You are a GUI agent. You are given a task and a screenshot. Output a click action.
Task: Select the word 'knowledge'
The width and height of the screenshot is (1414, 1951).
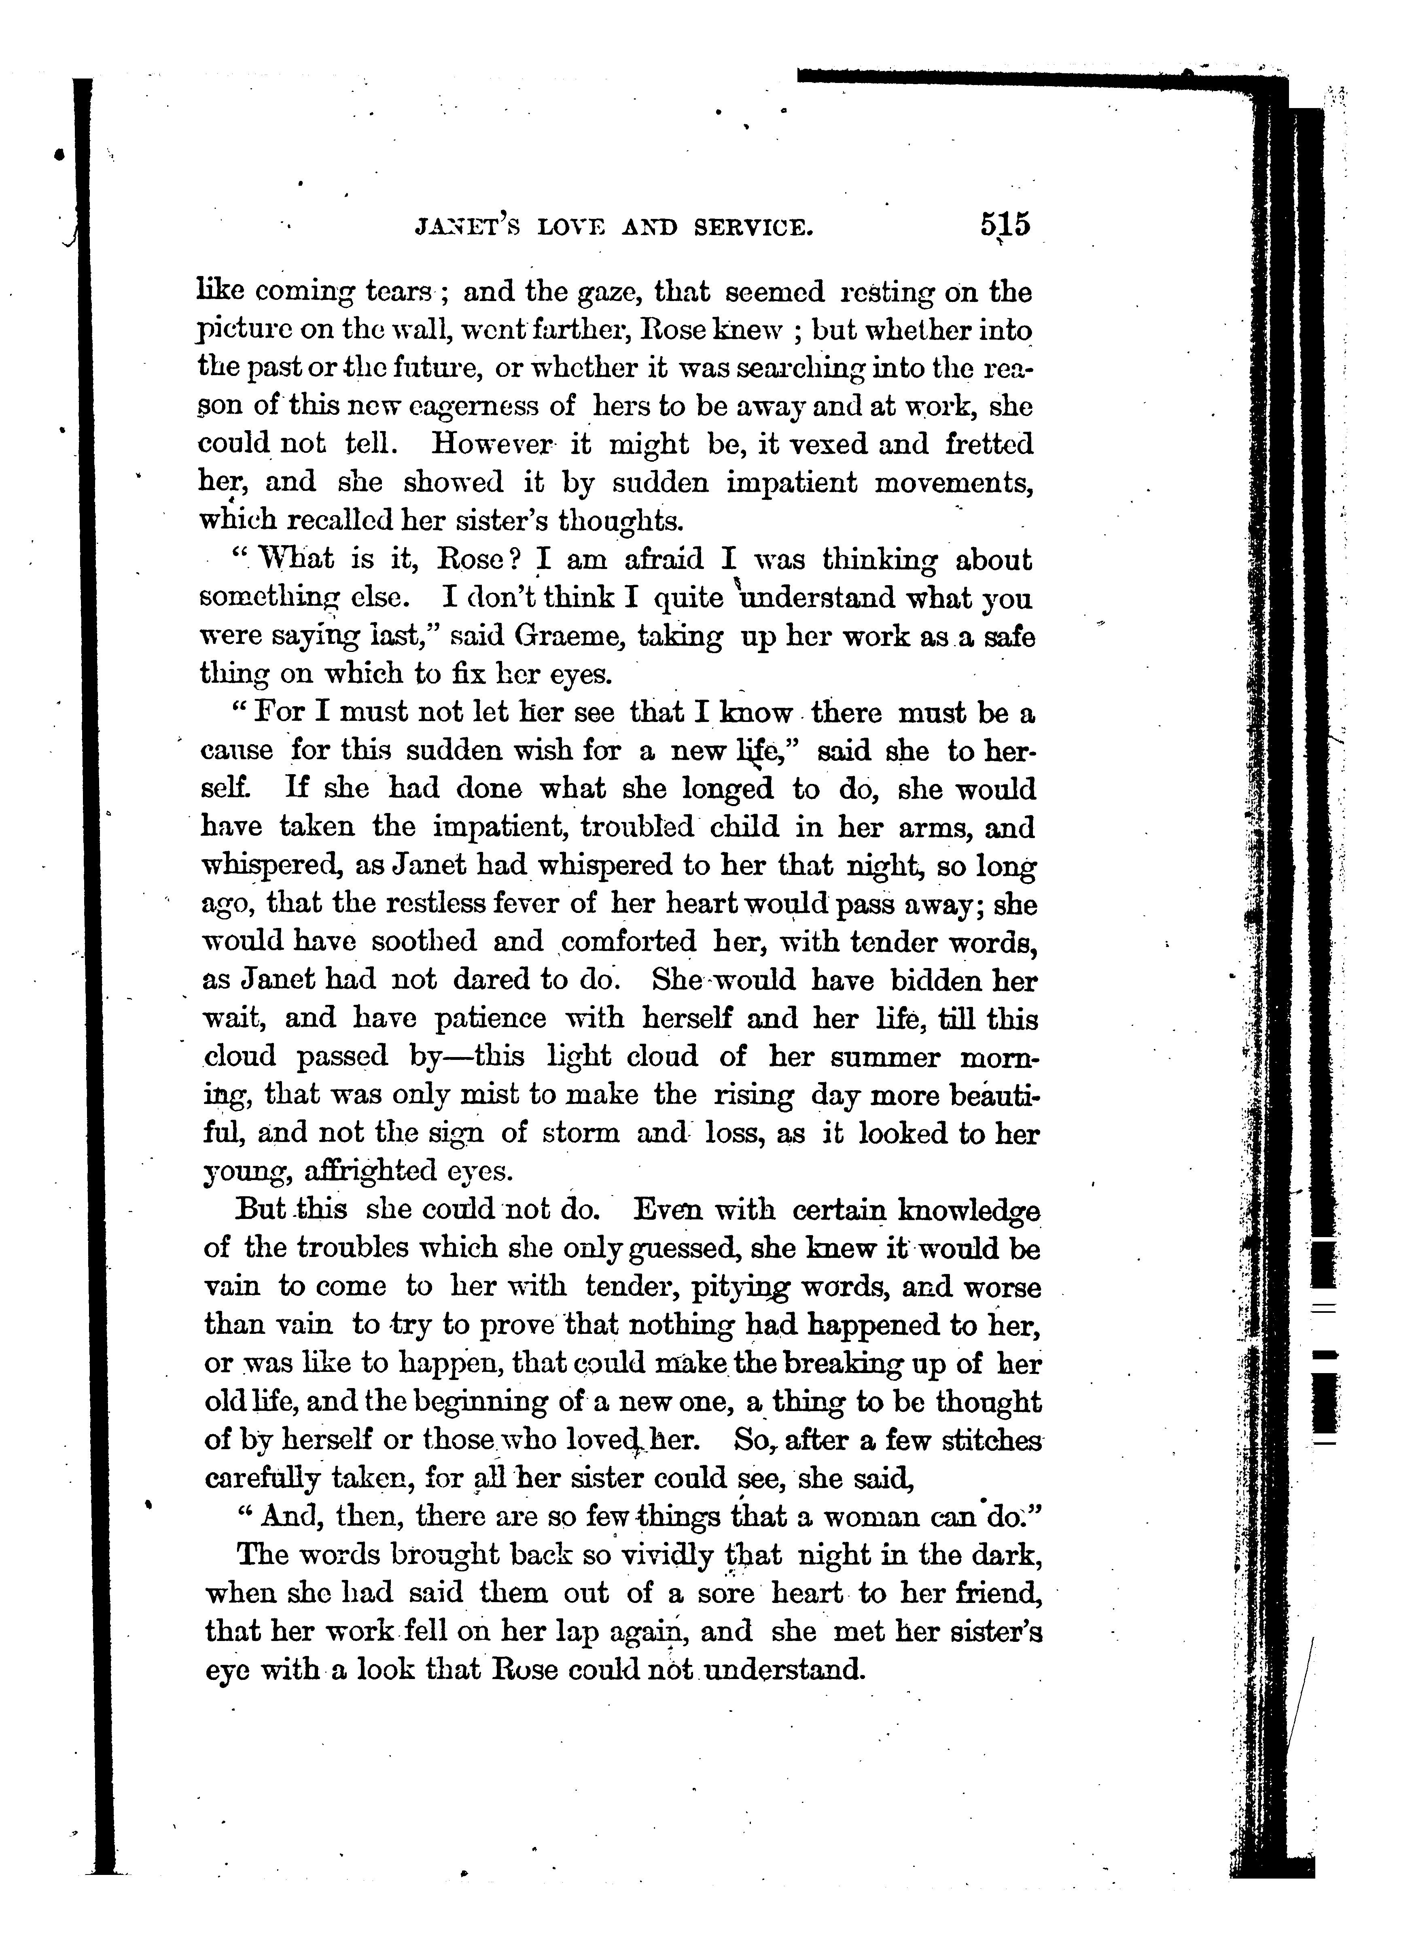tap(969, 1211)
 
